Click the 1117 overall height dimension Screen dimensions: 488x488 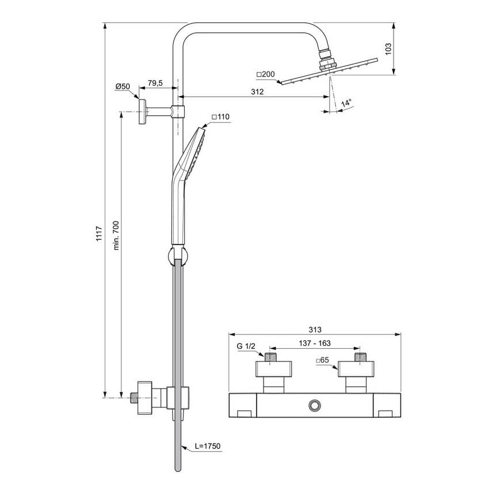pyautogui.click(x=99, y=234)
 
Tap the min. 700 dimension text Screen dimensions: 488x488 pyautogui.click(x=116, y=235)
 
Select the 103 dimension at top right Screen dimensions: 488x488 pyautogui.click(x=388, y=49)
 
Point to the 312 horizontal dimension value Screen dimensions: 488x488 pyautogui.click(x=257, y=91)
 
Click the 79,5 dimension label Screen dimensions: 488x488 pyautogui.click(x=155, y=83)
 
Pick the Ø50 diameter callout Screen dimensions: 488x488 pyautogui.click(x=123, y=86)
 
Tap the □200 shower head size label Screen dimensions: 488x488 pyautogui.click(x=265, y=74)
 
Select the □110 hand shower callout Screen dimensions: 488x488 pyautogui.click(x=220, y=117)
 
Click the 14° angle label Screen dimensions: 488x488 pyautogui.click(x=346, y=102)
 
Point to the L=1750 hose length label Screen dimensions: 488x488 pyautogui.click(x=208, y=446)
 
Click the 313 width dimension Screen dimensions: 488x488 pyautogui.click(x=315, y=329)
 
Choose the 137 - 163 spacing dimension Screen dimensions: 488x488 pyautogui.click(x=315, y=344)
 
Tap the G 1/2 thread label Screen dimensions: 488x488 pyautogui.click(x=246, y=346)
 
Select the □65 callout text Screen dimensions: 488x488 pyautogui.click(x=322, y=360)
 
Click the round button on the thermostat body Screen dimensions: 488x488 pyautogui.click(x=315, y=405)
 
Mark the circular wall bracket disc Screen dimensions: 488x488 pyautogui.click(x=143, y=112)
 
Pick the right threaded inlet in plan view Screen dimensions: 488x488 pyautogui.click(x=360, y=357)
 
